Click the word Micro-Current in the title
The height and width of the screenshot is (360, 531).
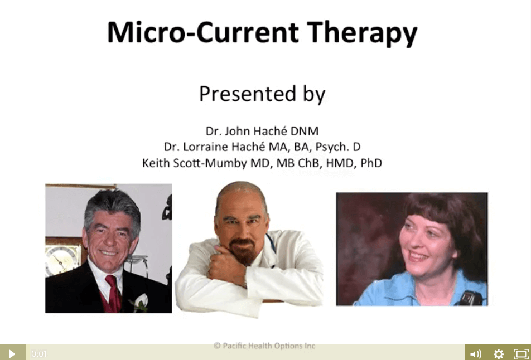[x=203, y=32]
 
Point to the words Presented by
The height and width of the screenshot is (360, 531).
[x=262, y=94]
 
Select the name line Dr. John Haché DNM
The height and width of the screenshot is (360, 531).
[x=262, y=131]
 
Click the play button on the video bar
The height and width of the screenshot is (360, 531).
[x=12, y=353]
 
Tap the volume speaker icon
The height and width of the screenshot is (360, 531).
[x=476, y=354]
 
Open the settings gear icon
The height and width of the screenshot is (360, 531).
[x=499, y=354]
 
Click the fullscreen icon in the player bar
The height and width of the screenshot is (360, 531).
[x=521, y=354]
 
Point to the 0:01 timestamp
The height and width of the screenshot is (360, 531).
[x=39, y=354]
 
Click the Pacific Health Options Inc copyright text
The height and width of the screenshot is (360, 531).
[x=264, y=346]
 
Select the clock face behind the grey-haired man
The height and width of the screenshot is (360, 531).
[x=61, y=260]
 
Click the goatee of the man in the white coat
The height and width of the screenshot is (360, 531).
[x=242, y=251]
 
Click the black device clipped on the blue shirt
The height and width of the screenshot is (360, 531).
[x=470, y=298]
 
